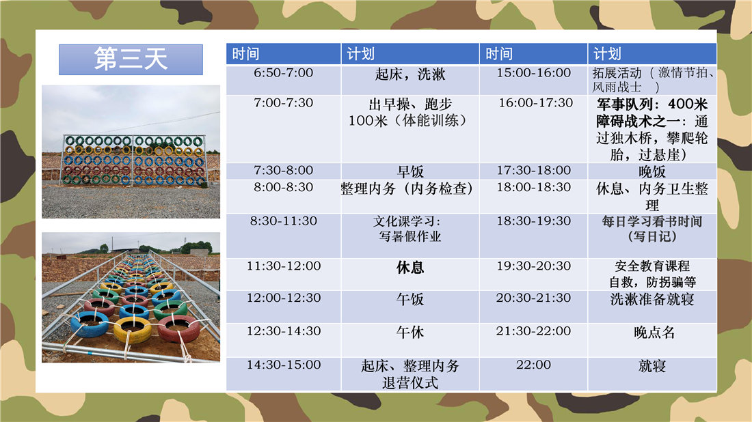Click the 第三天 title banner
pos(131,59)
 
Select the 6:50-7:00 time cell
pos(284,80)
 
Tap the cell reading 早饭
pos(410,171)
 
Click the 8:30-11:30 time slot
pos(284,236)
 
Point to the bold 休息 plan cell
pos(410,275)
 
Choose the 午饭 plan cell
pos(410,307)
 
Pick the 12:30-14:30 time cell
pos(284,340)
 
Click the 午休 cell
pos(410,340)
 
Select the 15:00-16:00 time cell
pos(533,80)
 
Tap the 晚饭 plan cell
pos(652,171)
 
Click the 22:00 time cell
pos(533,374)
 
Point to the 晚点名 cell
pos(652,340)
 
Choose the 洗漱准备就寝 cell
pos(652,307)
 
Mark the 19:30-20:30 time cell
pos(533,275)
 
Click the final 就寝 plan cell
pos(652,374)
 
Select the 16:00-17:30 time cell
pos(533,129)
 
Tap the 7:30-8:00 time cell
pos(284,171)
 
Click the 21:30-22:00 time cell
pos(533,340)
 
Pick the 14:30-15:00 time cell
pos(284,374)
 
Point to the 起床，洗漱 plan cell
pos(410,80)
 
